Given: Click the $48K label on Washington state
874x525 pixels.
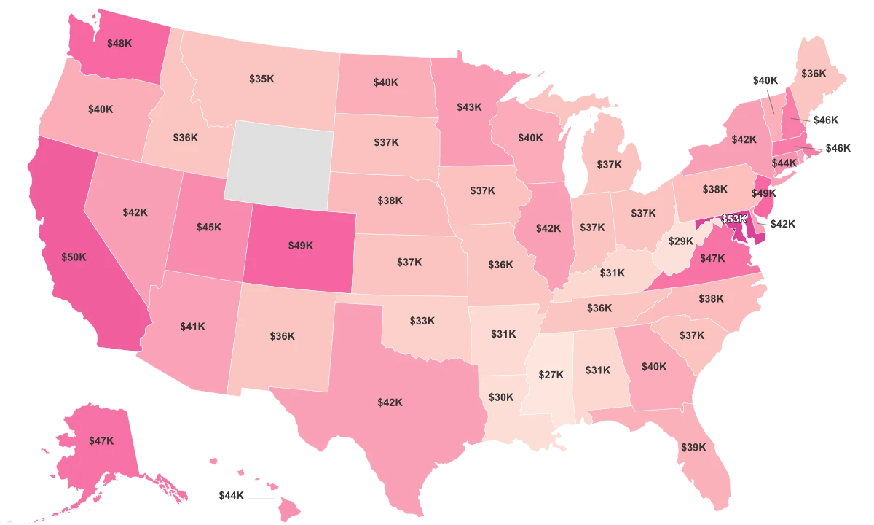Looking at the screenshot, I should (x=119, y=43).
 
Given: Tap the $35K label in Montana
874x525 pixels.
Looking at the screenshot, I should (x=261, y=78).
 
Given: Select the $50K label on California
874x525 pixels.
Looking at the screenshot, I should (x=74, y=257).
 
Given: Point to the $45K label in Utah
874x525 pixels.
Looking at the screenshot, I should (x=209, y=227).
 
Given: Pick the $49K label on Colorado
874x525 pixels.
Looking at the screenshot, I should (x=300, y=246).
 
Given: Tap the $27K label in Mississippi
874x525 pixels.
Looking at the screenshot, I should (x=551, y=374).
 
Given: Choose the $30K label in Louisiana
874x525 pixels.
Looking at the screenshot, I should (x=501, y=397).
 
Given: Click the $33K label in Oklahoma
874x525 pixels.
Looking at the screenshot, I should (x=422, y=320).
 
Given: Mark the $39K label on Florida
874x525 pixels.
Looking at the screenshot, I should (x=693, y=447).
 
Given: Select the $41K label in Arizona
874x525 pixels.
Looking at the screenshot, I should (x=193, y=327).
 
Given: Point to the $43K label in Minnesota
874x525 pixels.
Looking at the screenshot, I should (x=469, y=107).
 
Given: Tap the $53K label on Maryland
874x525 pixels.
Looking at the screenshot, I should (x=733, y=219).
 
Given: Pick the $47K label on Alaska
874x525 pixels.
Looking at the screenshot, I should (x=101, y=440).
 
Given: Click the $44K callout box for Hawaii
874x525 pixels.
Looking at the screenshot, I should (x=232, y=496).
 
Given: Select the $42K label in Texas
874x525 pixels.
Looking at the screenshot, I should (x=390, y=402).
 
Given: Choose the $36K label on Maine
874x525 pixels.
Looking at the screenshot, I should (x=814, y=74).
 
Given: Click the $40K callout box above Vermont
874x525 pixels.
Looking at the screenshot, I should (x=765, y=80).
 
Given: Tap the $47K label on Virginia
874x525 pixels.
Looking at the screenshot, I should (x=713, y=258).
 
